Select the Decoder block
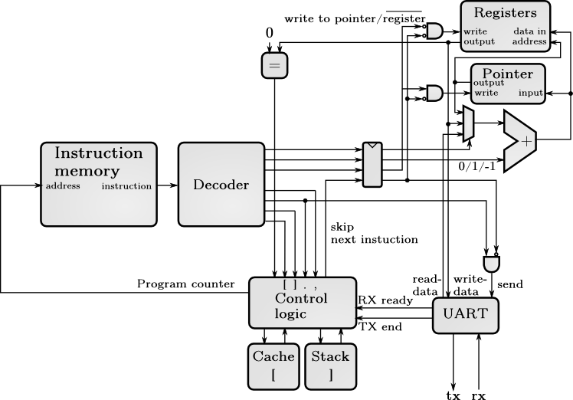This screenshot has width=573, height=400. point(220,184)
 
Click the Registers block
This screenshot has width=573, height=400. point(505,27)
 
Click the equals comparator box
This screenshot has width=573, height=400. point(274,66)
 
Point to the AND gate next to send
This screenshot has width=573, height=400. point(490,263)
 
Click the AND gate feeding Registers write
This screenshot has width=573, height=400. point(434,31)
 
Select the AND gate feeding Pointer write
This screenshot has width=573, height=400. point(434,93)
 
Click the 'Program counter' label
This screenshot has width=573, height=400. point(185,284)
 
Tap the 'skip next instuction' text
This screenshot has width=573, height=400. point(374,234)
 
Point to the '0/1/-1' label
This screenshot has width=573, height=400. point(476,165)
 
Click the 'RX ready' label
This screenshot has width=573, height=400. point(385,300)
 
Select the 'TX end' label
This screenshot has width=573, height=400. point(381,326)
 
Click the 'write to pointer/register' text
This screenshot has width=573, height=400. point(354,17)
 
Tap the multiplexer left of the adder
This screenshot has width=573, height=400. point(468,124)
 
